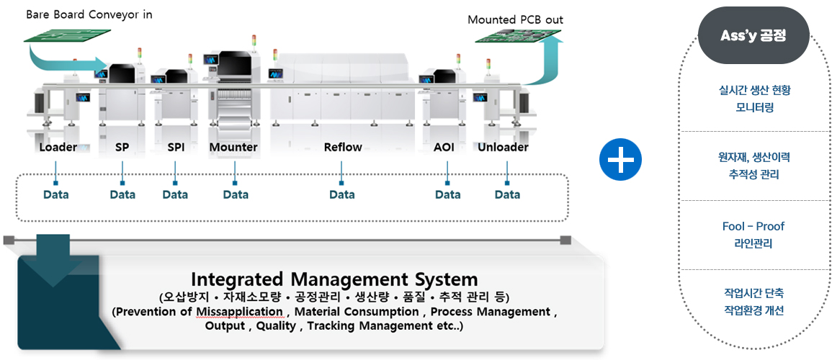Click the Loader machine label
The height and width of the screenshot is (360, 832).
[58, 147]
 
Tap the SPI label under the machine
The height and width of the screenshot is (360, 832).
[176, 147]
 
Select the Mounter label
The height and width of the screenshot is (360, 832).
[233, 147]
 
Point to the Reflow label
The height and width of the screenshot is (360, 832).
[343, 147]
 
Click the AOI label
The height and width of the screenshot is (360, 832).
[444, 147]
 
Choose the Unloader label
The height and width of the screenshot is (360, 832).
[503, 147]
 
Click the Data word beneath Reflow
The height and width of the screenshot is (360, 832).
[341, 194]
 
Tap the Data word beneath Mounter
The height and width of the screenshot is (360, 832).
[236, 194]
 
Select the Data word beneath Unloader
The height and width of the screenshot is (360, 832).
[507, 194]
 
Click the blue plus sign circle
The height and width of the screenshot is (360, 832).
[620, 159]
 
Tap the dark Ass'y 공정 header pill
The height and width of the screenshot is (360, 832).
[753, 36]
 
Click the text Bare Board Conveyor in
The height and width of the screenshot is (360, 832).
[89, 15]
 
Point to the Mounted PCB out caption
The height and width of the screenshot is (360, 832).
[515, 20]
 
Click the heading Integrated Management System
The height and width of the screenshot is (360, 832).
[334, 279]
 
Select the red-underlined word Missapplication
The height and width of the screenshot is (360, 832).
[244, 311]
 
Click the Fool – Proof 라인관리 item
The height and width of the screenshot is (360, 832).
[753, 235]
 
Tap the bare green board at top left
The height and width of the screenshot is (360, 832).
[67, 35]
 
